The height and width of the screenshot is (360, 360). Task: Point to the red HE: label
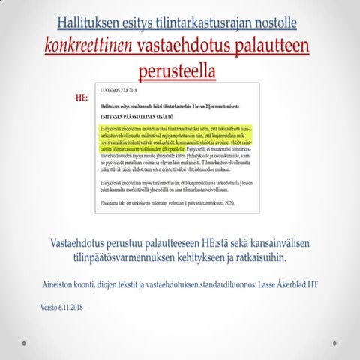[x=83, y=97]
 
